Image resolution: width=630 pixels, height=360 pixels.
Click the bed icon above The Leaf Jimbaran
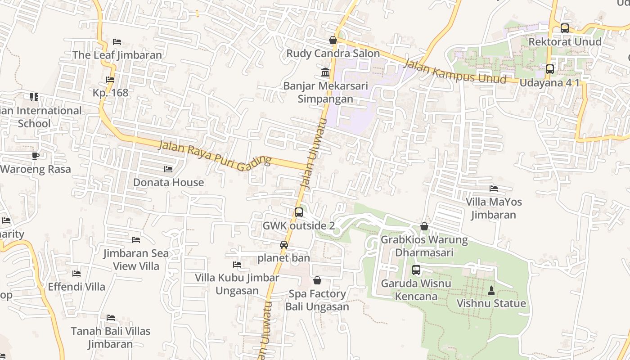pyautogui.click(x=117, y=42)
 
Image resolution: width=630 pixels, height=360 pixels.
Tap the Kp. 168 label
pyautogui.click(x=110, y=93)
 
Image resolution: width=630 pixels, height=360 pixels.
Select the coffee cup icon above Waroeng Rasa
pyautogui.click(x=35, y=156)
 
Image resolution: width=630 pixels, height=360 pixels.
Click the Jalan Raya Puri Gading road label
pyautogui.click(x=215, y=155)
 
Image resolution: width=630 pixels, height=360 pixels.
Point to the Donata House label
pyautogui.click(x=168, y=182)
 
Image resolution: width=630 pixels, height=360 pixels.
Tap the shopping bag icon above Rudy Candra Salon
pyautogui.click(x=333, y=40)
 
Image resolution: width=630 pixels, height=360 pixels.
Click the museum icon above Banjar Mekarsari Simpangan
pyautogui.click(x=325, y=72)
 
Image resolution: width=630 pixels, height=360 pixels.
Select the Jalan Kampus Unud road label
pyautogui.click(x=454, y=72)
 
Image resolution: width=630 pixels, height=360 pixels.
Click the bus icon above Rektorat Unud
pyautogui.click(x=564, y=28)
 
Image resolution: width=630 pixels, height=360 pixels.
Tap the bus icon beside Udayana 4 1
pyautogui.click(x=549, y=69)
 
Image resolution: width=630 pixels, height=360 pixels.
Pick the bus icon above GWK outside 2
pyautogui.click(x=299, y=212)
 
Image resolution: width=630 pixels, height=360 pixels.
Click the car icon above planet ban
pyautogui.click(x=284, y=245)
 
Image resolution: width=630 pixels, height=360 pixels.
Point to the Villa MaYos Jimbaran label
pyautogui.click(x=494, y=208)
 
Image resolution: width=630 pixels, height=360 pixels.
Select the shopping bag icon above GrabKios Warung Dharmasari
pyautogui.click(x=424, y=226)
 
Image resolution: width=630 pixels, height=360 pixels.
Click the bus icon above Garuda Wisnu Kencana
pyautogui.click(x=416, y=270)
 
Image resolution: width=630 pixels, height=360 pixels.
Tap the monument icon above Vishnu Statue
pyautogui.click(x=491, y=290)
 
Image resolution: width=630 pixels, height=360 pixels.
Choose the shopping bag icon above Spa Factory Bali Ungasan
pyautogui.click(x=317, y=281)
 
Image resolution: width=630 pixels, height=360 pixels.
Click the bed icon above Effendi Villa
pyautogui.click(x=76, y=274)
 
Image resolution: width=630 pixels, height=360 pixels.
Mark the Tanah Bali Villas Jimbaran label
pyautogui.click(x=111, y=337)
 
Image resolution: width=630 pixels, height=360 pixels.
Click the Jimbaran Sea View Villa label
pyautogui.click(x=136, y=259)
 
